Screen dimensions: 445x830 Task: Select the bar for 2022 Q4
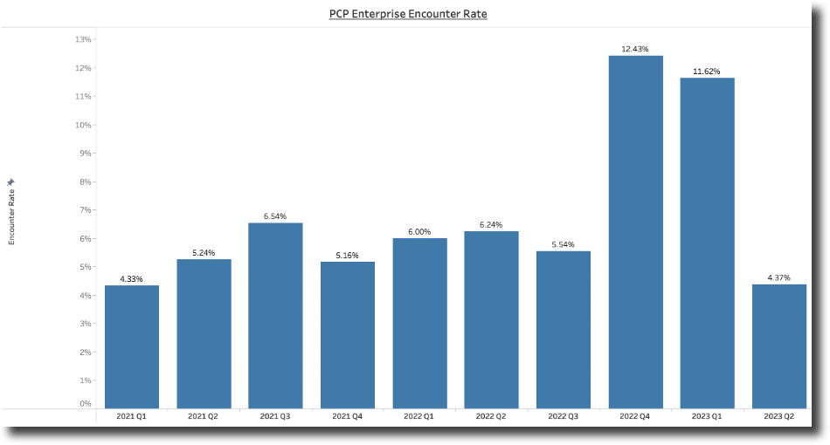click(635, 231)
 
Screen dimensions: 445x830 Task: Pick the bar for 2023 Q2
click(778, 346)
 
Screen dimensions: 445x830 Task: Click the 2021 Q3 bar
click(275, 315)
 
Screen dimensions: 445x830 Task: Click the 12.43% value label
click(635, 49)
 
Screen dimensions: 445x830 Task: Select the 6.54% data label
click(275, 216)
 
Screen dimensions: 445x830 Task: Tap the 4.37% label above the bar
click(778, 277)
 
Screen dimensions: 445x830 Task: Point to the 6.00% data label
click(419, 232)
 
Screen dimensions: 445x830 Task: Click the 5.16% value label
click(348, 256)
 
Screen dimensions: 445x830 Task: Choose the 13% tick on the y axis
click(84, 39)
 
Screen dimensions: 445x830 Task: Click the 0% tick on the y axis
click(86, 403)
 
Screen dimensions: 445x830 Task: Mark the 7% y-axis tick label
click(86, 210)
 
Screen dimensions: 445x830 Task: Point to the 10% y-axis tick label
click(84, 125)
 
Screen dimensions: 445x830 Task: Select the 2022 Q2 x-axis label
click(491, 416)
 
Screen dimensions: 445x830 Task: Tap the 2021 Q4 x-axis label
click(348, 416)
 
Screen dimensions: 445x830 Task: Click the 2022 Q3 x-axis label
click(564, 416)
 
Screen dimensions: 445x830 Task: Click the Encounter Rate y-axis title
click(11, 218)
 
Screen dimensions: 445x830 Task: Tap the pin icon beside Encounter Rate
click(11, 182)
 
